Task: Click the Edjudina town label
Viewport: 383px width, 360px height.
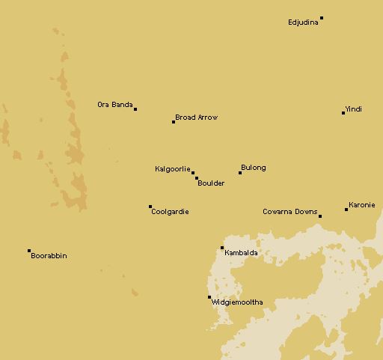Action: (x=303, y=22)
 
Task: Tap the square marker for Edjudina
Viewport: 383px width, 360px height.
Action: (x=322, y=18)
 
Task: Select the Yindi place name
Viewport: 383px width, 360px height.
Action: (x=354, y=109)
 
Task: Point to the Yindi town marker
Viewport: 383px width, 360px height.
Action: (x=343, y=113)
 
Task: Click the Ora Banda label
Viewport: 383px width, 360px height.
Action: (x=115, y=105)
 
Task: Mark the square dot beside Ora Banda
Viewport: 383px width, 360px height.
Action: (x=135, y=109)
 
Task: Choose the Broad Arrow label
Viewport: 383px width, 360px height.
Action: (x=196, y=118)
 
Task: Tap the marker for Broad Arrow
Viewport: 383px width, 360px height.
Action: (x=174, y=121)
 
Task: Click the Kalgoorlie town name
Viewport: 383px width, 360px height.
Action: (x=173, y=169)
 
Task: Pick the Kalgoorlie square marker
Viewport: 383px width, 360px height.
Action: (x=193, y=173)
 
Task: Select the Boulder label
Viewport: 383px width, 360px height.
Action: (x=211, y=183)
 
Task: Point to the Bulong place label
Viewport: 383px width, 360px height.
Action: (x=254, y=168)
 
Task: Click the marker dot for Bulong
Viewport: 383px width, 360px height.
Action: (x=240, y=173)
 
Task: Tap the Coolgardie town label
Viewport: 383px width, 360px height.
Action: (x=170, y=212)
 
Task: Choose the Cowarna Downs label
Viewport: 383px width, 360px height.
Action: (x=289, y=212)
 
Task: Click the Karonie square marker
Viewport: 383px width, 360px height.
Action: (x=346, y=210)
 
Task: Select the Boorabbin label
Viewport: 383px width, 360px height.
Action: (x=49, y=256)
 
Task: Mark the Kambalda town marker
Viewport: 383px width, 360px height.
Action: (x=222, y=248)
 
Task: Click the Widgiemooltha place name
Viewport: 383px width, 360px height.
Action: (x=237, y=302)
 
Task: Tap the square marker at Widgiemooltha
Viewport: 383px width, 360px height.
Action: (x=209, y=297)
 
